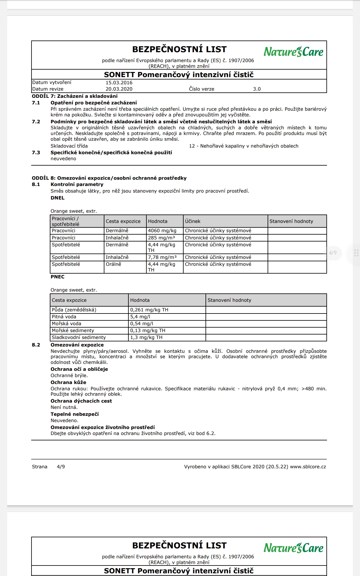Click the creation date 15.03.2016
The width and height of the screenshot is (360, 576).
(119, 83)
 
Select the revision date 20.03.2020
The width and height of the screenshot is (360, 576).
(119, 89)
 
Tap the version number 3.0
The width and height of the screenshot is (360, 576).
(257, 89)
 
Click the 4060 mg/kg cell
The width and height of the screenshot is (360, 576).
(162, 231)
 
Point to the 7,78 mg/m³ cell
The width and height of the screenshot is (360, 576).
(162, 257)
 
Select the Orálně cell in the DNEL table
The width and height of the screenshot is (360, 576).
(113, 264)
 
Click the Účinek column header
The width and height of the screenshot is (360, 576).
(193, 221)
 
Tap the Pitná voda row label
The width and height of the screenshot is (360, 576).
(64, 317)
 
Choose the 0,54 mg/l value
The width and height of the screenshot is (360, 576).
(142, 324)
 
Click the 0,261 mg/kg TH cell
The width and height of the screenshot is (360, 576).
(149, 310)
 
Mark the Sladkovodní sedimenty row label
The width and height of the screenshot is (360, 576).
(79, 337)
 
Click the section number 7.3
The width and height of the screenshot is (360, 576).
(36, 153)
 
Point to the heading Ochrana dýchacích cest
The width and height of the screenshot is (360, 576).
(81, 401)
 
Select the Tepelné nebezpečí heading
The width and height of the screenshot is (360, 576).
(74, 414)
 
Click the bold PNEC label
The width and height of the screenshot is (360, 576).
(57, 277)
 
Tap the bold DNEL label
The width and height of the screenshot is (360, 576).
(57, 198)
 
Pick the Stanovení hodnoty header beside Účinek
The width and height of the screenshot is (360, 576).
(291, 221)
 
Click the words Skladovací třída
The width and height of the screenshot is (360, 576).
(69, 146)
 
